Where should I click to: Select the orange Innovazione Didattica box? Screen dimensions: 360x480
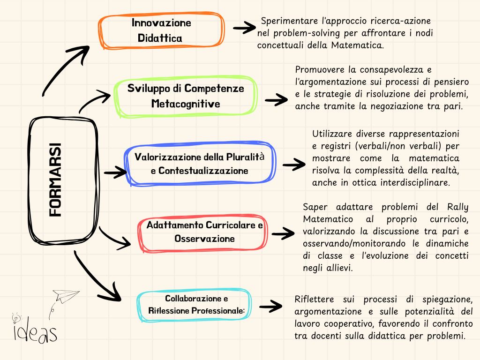tap(161, 30)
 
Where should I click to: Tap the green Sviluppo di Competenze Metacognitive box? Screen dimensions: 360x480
tap(186, 96)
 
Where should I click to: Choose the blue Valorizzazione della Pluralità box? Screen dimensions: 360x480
tap(200, 163)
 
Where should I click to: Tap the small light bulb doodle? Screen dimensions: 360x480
tap(15, 317)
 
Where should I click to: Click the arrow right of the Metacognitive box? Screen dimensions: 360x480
tap(276, 99)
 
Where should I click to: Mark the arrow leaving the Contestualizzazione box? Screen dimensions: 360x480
tap(294, 165)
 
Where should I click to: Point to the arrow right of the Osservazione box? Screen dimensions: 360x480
tap(283, 232)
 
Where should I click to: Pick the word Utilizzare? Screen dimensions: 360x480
tap(332, 134)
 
